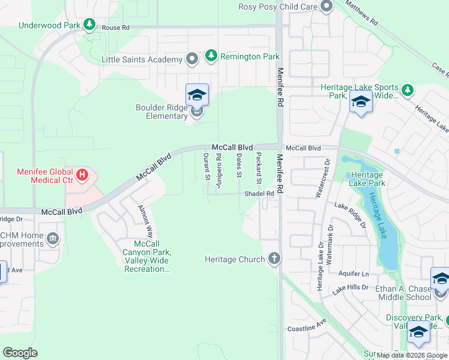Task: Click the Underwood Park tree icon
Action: pyautogui.click(x=89, y=25)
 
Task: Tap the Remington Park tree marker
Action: pyautogui.click(x=211, y=56)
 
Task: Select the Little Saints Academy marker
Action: pyautogui.click(x=192, y=59)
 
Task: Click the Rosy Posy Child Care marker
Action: pyautogui.click(x=327, y=7)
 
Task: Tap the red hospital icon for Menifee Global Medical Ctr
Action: pyautogui.click(x=83, y=176)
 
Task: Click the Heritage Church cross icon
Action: pyautogui.click(x=274, y=259)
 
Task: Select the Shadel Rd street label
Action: pyautogui.click(x=259, y=194)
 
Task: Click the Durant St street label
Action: pyautogui.click(x=206, y=167)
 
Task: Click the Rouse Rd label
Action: pyautogui.click(x=115, y=28)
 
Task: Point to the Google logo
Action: pyautogui.click(x=20, y=353)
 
